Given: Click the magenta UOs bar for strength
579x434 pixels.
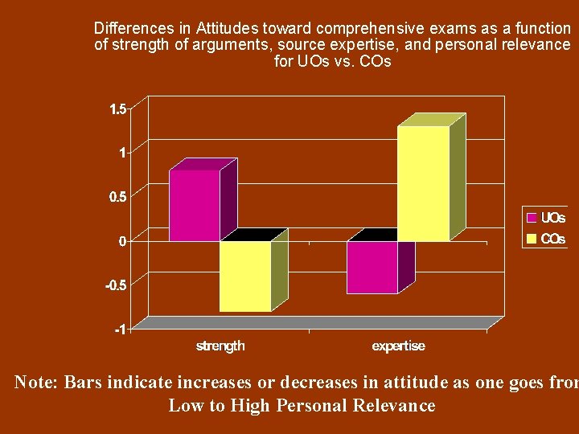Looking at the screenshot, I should click(x=195, y=205).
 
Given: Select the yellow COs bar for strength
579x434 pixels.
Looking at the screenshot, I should click(x=245, y=276).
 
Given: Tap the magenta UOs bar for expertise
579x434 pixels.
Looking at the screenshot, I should click(x=372, y=268).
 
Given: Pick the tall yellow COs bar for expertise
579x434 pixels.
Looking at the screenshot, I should click(x=423, y=183).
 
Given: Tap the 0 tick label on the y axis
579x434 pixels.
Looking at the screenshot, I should click(x=122, y=241).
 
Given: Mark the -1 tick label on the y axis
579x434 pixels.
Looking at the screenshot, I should click(x=120, y=329).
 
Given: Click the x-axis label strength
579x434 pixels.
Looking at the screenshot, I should click(x=220, y=346).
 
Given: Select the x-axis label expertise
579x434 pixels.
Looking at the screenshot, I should click(x=398, y=346).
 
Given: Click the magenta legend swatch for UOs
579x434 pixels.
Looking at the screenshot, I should click(x=532, y=218).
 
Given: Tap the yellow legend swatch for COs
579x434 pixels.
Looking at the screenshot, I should click(x=532, y=239).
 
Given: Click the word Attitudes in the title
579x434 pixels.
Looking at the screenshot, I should click(x=227, y=27).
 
